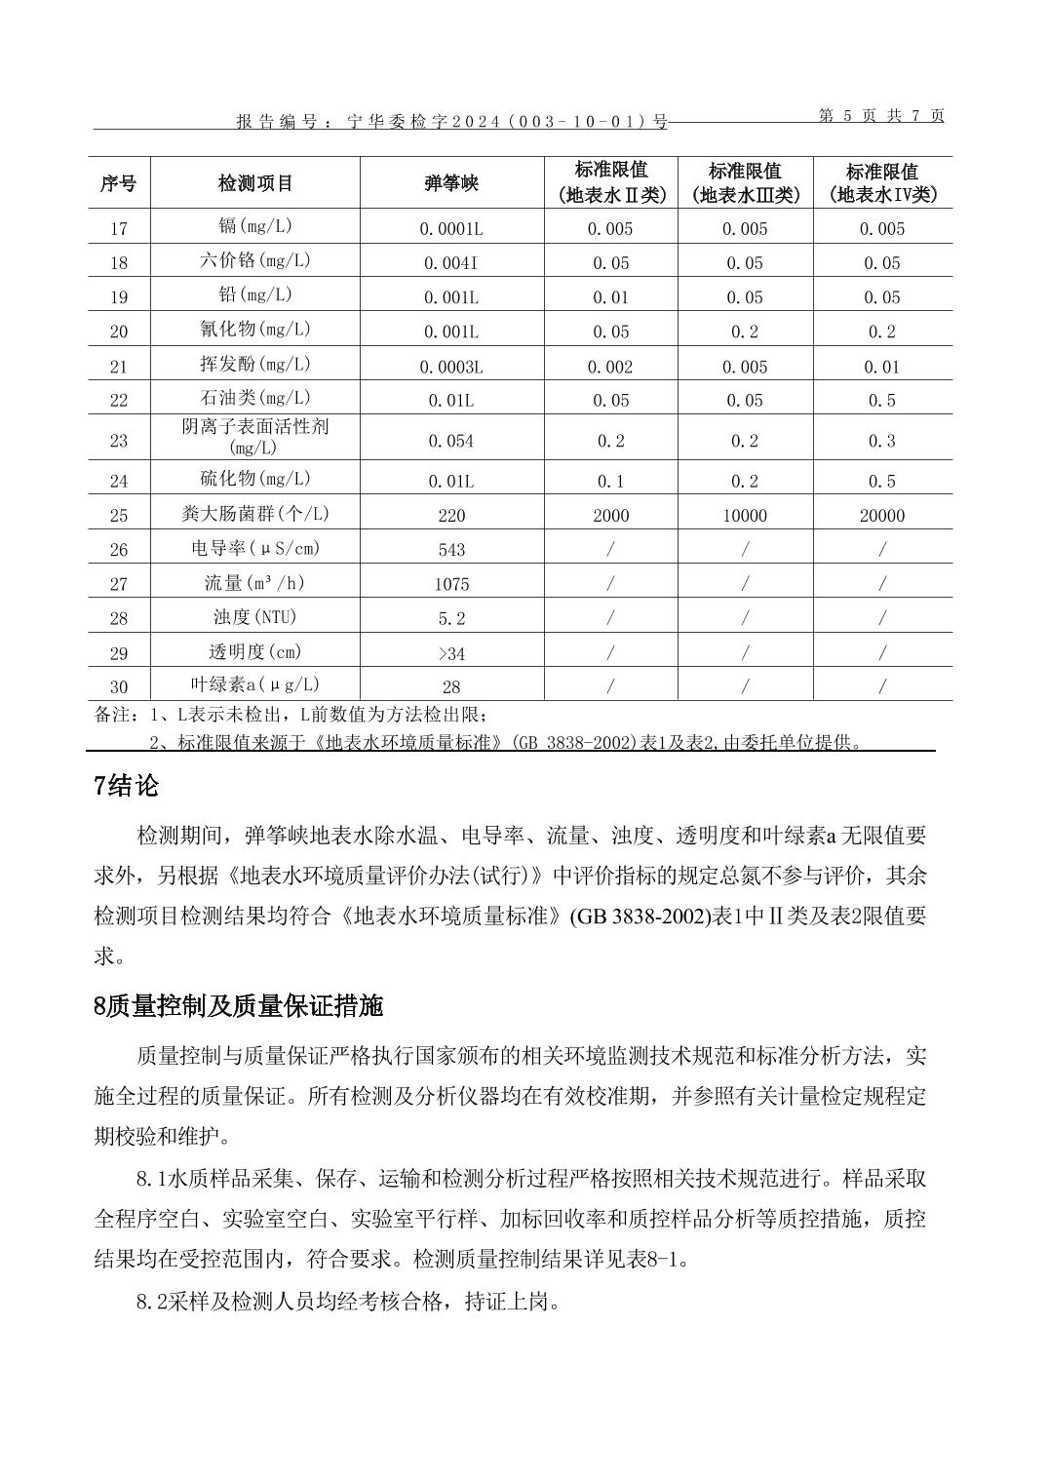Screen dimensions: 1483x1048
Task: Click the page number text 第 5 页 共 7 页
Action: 881,115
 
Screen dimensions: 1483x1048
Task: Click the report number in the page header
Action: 452,122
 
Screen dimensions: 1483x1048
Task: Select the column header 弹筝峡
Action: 451,183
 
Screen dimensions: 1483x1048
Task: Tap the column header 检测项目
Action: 255,183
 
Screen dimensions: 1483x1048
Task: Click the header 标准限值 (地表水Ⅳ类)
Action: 882,183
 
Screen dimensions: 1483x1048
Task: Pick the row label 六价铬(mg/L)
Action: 255,261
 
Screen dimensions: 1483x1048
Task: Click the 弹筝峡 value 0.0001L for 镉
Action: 451,229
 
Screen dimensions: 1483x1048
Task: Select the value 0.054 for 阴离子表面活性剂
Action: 451,441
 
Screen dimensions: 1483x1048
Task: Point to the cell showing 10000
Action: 745,516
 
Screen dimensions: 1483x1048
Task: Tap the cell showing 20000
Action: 882,516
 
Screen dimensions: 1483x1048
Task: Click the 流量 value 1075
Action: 451,584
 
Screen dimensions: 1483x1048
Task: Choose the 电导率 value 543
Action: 451,550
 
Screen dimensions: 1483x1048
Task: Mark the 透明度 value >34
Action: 451,653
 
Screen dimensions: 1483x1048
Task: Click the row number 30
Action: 119,686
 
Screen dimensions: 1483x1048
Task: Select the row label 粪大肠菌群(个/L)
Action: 255,514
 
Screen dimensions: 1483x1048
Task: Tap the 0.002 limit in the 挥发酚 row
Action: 610,368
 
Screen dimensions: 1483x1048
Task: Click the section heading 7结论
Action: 127,786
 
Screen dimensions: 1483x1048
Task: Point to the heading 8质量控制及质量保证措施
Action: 239,1006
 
